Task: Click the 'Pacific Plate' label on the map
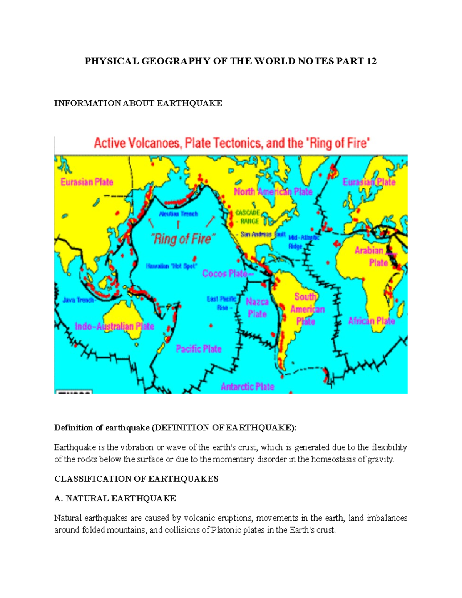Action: (199, 349)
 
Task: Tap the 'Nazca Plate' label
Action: (257, 308)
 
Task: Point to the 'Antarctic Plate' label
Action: (247, 386)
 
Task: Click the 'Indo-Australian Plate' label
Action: (114, 326)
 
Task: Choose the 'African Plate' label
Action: (372, 321)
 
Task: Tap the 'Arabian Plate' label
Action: (372, 256)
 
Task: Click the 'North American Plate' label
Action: (273, 191)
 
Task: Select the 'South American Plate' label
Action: (307, 309)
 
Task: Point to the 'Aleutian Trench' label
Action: (179, 214)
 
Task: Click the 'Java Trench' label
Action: (78, 300)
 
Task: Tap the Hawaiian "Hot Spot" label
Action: (171, 266)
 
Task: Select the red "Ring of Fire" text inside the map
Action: (182, 239)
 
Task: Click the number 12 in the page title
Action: (371, 61)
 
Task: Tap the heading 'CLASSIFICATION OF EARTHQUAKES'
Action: (136, 479)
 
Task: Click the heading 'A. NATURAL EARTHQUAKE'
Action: (115, 498)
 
